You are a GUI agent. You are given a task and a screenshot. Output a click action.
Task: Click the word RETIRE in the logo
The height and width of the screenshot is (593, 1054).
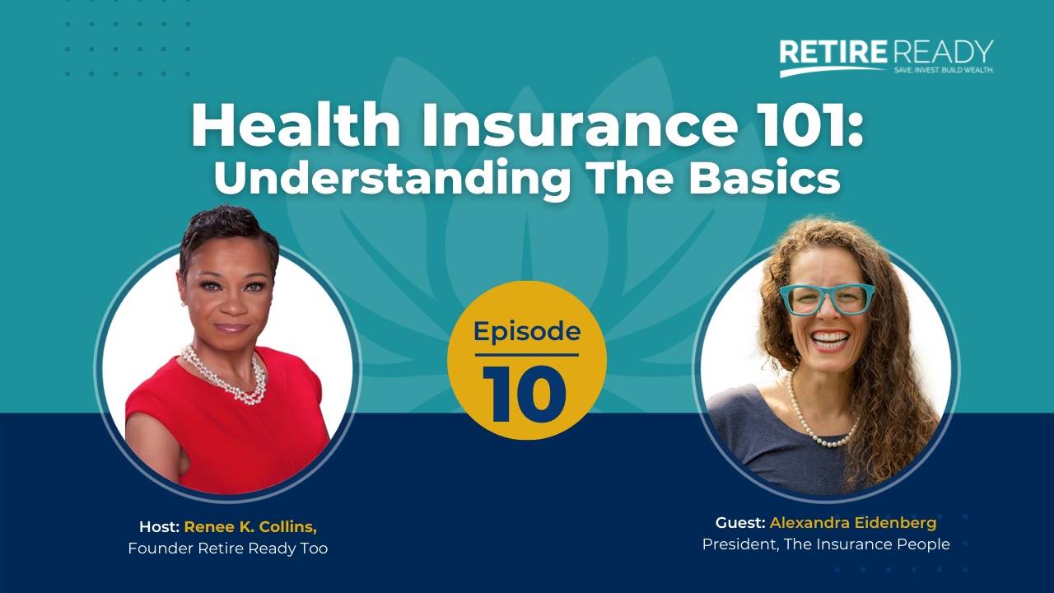point(832,53)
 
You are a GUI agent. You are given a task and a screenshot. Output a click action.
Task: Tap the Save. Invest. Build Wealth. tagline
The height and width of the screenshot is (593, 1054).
point(944,71)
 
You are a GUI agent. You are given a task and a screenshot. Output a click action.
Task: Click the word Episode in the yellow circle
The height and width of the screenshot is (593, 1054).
point(527,332)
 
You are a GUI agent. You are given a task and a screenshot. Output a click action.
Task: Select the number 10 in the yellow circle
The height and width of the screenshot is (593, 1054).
point(525,393)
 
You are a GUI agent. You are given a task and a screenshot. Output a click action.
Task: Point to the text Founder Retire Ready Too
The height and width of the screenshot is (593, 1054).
point(228,548)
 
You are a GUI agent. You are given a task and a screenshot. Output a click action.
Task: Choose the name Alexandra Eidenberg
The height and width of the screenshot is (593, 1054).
point(853,522)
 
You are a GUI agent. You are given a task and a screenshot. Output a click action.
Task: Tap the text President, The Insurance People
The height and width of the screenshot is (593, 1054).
point(826,544)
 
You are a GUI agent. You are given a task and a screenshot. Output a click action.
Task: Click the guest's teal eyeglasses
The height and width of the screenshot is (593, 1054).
point(826,298)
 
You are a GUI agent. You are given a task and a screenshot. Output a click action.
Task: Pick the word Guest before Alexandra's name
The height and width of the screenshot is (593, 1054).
point(740,522)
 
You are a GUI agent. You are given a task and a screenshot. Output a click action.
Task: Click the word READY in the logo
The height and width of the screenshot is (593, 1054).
point(944,52)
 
